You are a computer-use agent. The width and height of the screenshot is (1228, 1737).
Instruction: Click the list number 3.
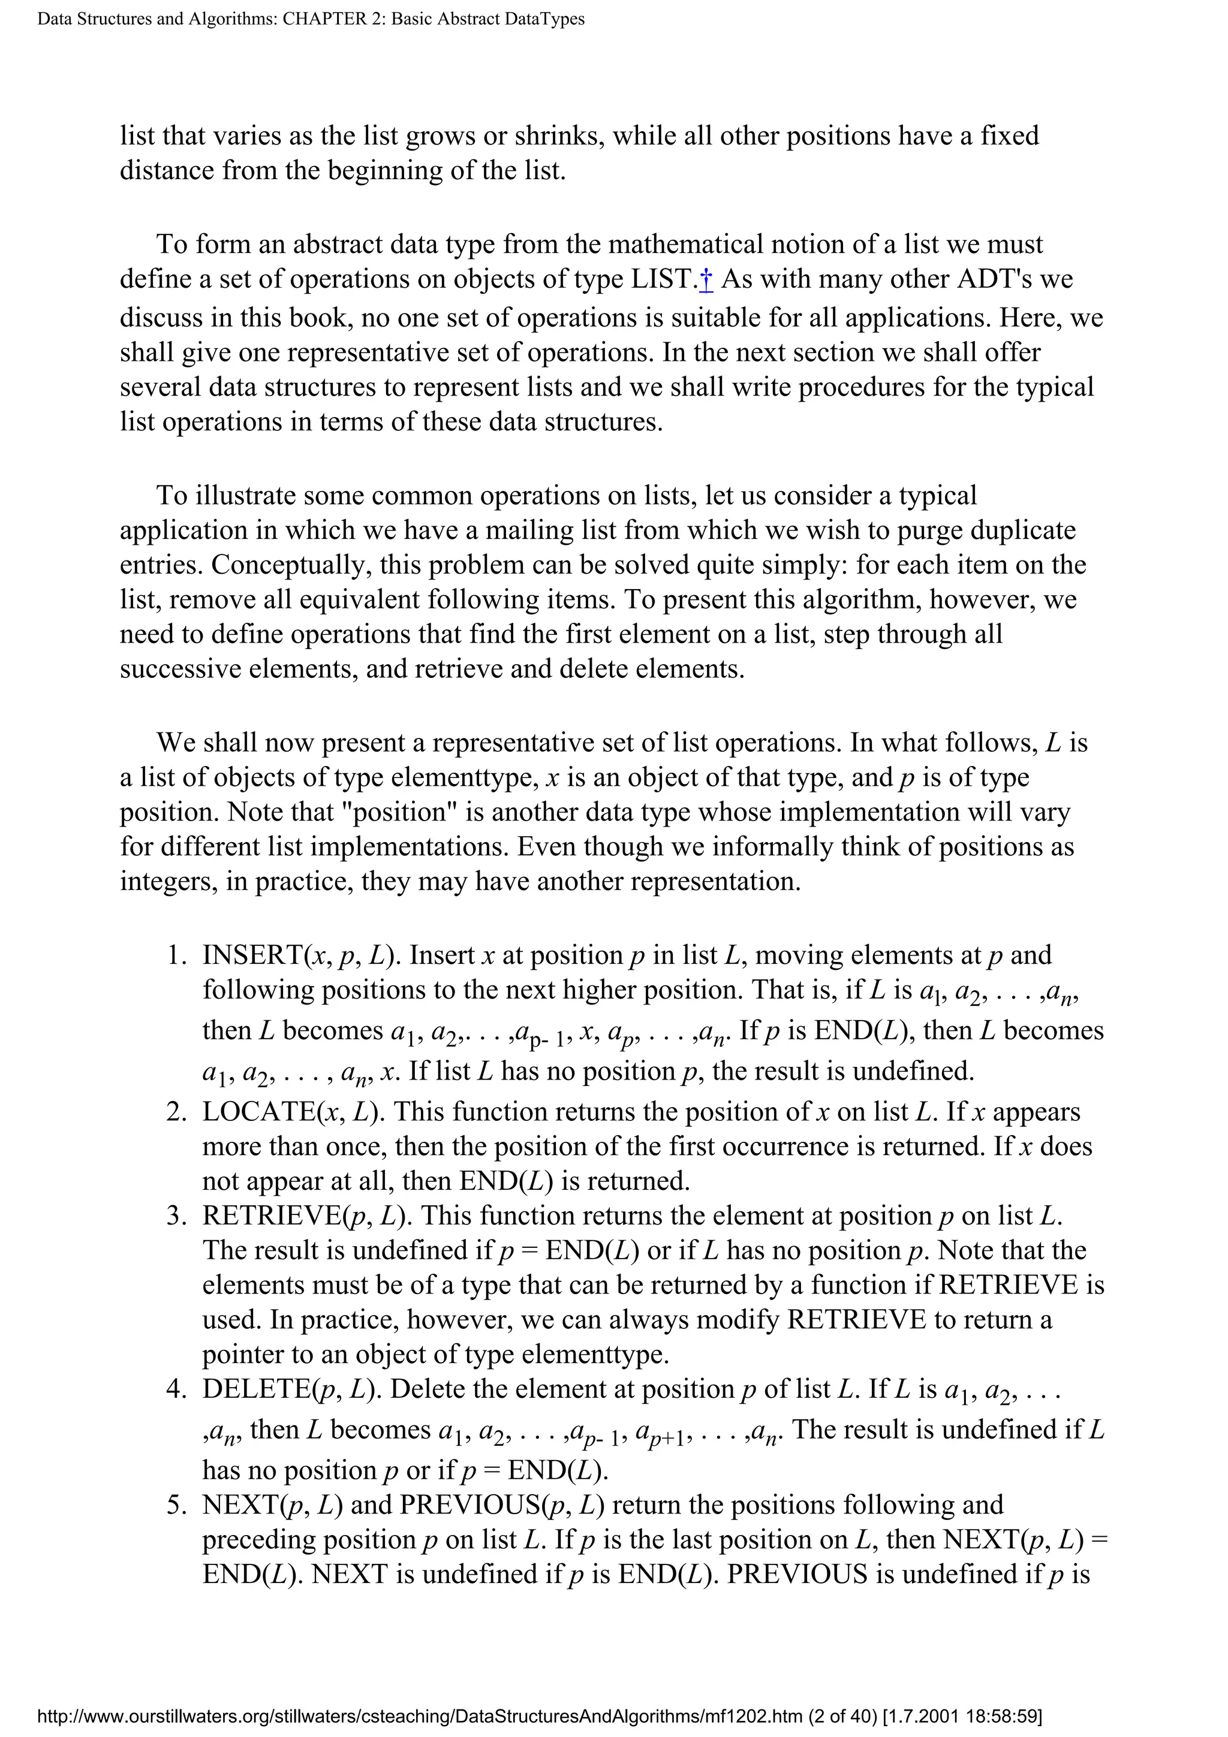(x=176, y=1216)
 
